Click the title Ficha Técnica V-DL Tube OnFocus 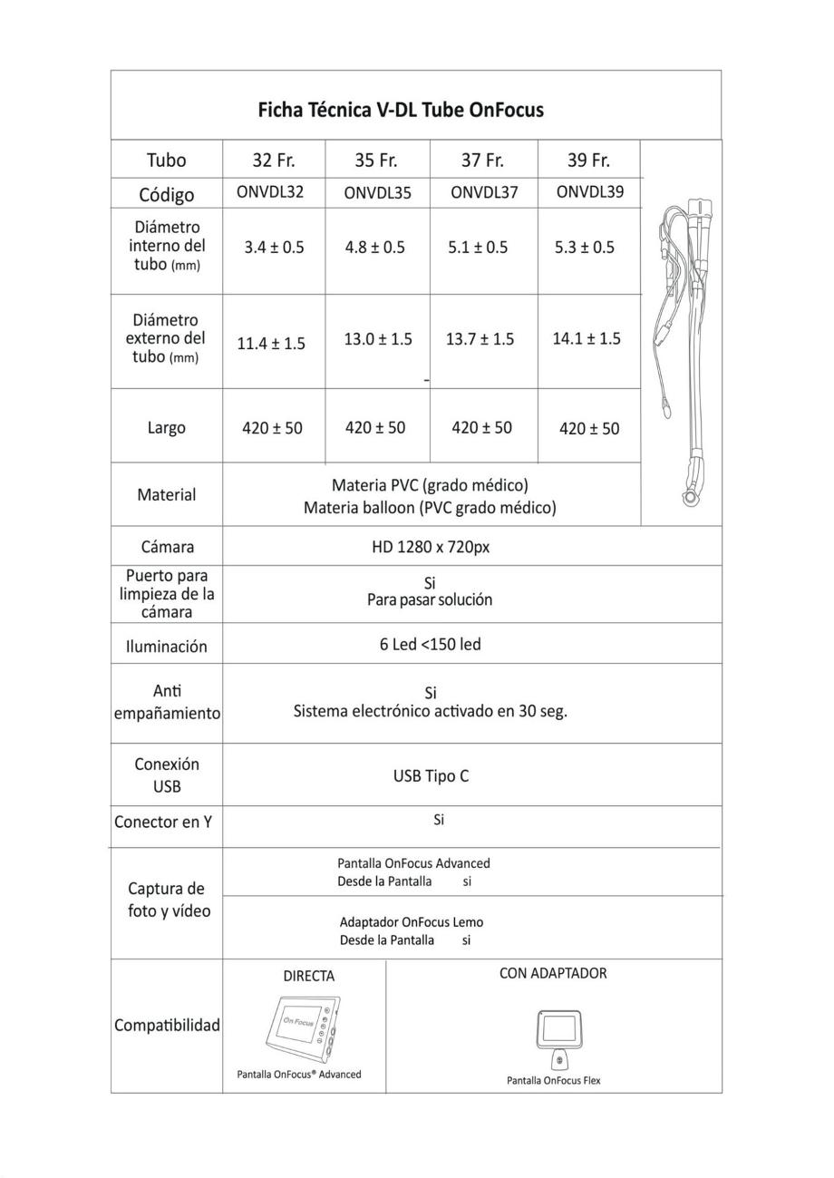coord(401,110)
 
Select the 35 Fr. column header coord(376,161)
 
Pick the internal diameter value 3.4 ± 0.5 coord(274,248)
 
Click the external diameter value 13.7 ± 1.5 coord(480,339)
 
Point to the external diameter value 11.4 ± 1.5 coord(271,344)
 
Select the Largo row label coord(167,427)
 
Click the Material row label coord(167,495)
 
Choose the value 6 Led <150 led coord(430,645)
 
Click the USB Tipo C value coord(431,776)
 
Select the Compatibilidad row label coord(167,1026)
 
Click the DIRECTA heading coord(308,977)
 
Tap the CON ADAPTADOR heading coord(553,973)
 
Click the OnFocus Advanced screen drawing coord(304,1031)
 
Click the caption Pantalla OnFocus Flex coord(553,1080)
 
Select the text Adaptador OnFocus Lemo coord(412,922)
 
